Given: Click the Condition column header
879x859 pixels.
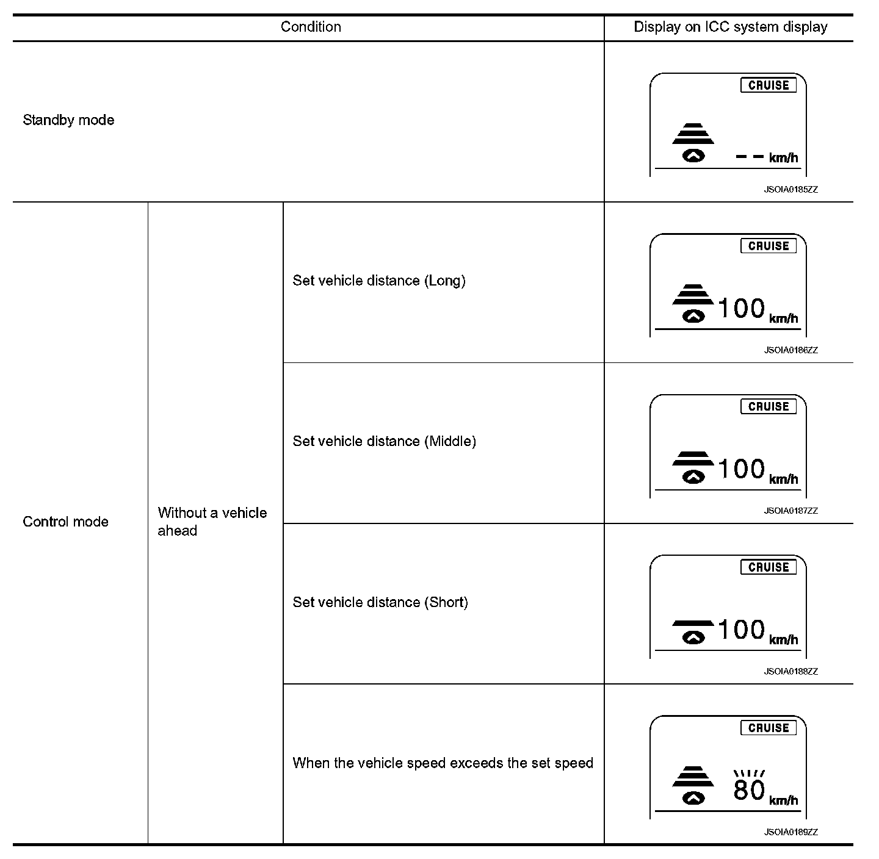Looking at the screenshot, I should pyautogui.click(x=311, y=27).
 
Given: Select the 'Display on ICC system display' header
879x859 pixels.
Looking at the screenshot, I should pyautogui.click(x=730, y=27).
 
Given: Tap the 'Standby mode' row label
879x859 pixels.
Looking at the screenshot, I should pyautogui.click(x=68, y=120).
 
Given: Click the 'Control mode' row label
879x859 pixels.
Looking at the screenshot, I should pyautogui.click(x=65, y=522).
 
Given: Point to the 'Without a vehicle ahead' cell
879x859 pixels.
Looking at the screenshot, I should pyautogui.click(x=212, y=522).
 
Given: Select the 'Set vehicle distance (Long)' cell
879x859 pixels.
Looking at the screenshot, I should pyautogui.click(x=378, y=281).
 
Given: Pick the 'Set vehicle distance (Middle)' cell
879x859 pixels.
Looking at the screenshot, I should pyautogui.click(x=384, y=441).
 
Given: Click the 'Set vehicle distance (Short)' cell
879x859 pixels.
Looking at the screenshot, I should pyautogui.click(x=380, y=602).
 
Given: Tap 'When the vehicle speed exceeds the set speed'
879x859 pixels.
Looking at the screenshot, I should pyautogui.click(x=443, y=763).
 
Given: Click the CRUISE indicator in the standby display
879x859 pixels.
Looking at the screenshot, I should pyautogui.click(x=769, y=85).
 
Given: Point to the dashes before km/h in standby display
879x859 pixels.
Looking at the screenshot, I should pyautogui.click(x=750, y=157).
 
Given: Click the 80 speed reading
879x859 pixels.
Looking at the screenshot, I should pyautogui.click(x=749, y=790).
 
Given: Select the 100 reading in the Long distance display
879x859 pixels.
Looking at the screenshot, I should pyautogui.click(x=741, y=309).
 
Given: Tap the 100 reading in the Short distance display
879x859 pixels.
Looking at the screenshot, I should pyautogui.click(x=741, y=630).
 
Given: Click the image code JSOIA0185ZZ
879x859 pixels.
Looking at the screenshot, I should pyautogui.click(x=790, y=190).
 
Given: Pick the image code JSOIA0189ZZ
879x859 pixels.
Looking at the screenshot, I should pyautogui.click(x=790, y=832).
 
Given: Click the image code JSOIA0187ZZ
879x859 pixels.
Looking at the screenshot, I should pyautogui.click(x=790, y=511).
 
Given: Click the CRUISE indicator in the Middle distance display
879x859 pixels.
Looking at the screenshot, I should pyautogui.click(x=769, y=406).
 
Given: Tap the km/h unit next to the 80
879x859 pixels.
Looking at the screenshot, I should pyautogui.click(x=784, y=800).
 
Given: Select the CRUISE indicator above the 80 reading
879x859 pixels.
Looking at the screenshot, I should pyautogui.click(x=769, y=728).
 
